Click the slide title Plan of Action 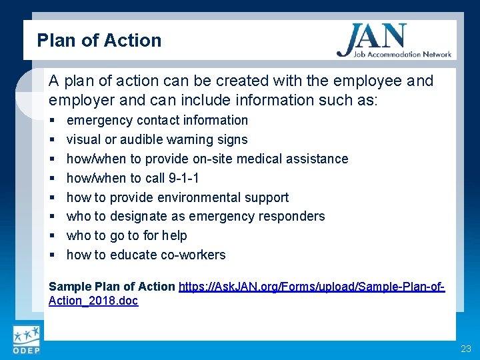[99, 40]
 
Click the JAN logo [393, 41]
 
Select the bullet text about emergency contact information [157, 120]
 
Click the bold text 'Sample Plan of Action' [112, 287]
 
